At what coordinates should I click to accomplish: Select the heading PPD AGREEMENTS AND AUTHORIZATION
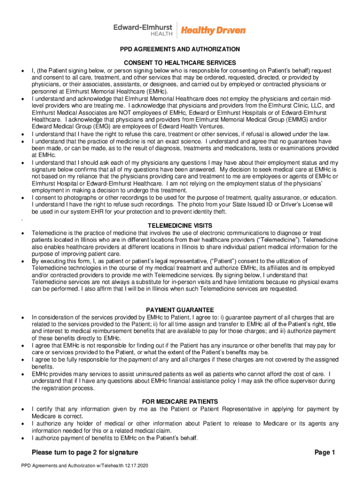coord(180,49)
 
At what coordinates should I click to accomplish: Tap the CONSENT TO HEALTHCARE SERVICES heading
coord(180,63)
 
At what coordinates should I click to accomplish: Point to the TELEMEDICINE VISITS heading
coord(180,225)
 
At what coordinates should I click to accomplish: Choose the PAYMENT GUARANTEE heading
coord(180,310)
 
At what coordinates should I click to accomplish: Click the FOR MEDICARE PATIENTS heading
coord(180,401)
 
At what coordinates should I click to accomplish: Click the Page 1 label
coord(325,452)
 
